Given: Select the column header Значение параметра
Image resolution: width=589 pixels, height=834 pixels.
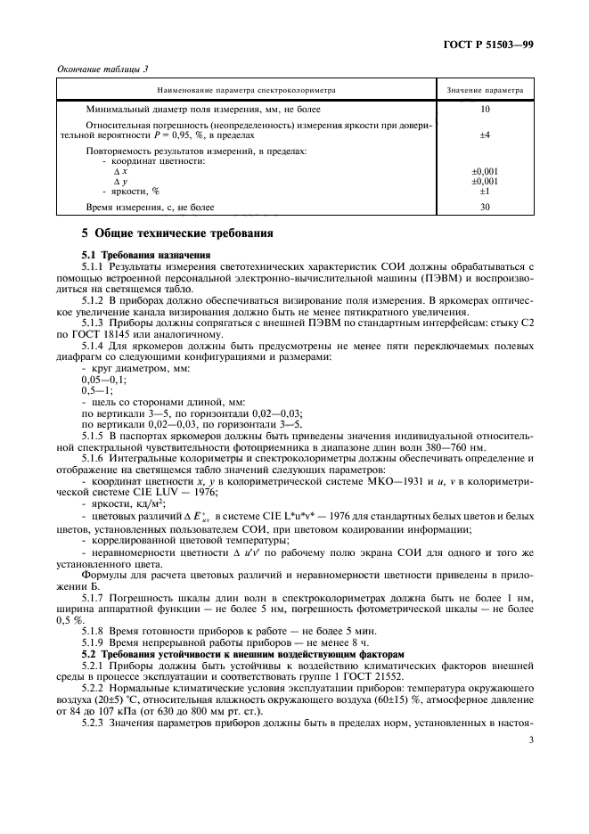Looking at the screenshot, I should point(485,90).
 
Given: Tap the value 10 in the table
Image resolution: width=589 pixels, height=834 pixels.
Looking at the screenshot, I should point(485,108).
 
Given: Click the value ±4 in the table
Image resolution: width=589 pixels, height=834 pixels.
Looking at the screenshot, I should point(485,135).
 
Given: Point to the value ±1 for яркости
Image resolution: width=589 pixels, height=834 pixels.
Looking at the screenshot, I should point(485,190).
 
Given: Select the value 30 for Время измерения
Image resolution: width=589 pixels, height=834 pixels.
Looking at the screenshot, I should point(485,207).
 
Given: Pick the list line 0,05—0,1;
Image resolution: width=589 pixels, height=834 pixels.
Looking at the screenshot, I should point(103,379).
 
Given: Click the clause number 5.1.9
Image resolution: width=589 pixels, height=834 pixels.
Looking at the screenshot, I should point(94,641).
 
